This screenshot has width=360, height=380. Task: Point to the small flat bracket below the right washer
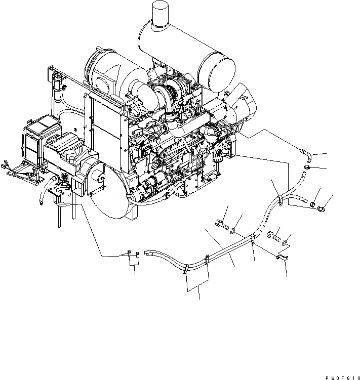(281, 259)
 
